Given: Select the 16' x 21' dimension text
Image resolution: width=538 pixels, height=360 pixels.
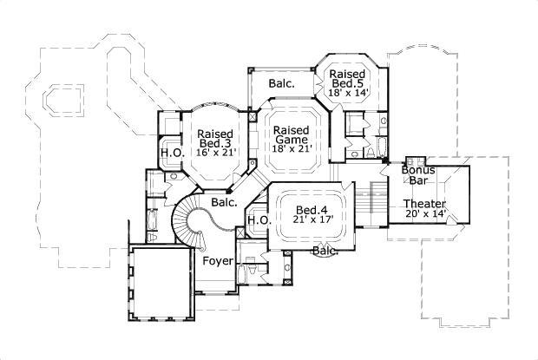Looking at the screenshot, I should pos(216,153).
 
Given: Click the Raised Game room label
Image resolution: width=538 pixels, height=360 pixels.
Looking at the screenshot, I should pos(292,135).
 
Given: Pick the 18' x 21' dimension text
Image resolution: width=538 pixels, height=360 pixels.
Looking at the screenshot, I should pos(292,149).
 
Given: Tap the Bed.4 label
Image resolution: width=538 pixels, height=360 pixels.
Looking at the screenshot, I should pos(311,210).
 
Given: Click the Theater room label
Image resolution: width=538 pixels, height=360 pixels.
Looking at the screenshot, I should pos(424,204).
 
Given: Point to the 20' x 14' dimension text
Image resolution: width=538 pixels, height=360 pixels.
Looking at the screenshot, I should pos(424,214).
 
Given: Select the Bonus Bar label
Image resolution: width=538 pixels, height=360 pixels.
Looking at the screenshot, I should pos(417,175).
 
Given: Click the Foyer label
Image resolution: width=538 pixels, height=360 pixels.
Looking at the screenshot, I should pos(217,260).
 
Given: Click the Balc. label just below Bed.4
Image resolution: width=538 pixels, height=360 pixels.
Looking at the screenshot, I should pos(325,251).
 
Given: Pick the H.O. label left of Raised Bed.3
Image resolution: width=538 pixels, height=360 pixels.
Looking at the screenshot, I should pos(170,154).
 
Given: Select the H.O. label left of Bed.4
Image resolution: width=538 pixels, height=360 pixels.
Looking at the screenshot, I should pos(259,220).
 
